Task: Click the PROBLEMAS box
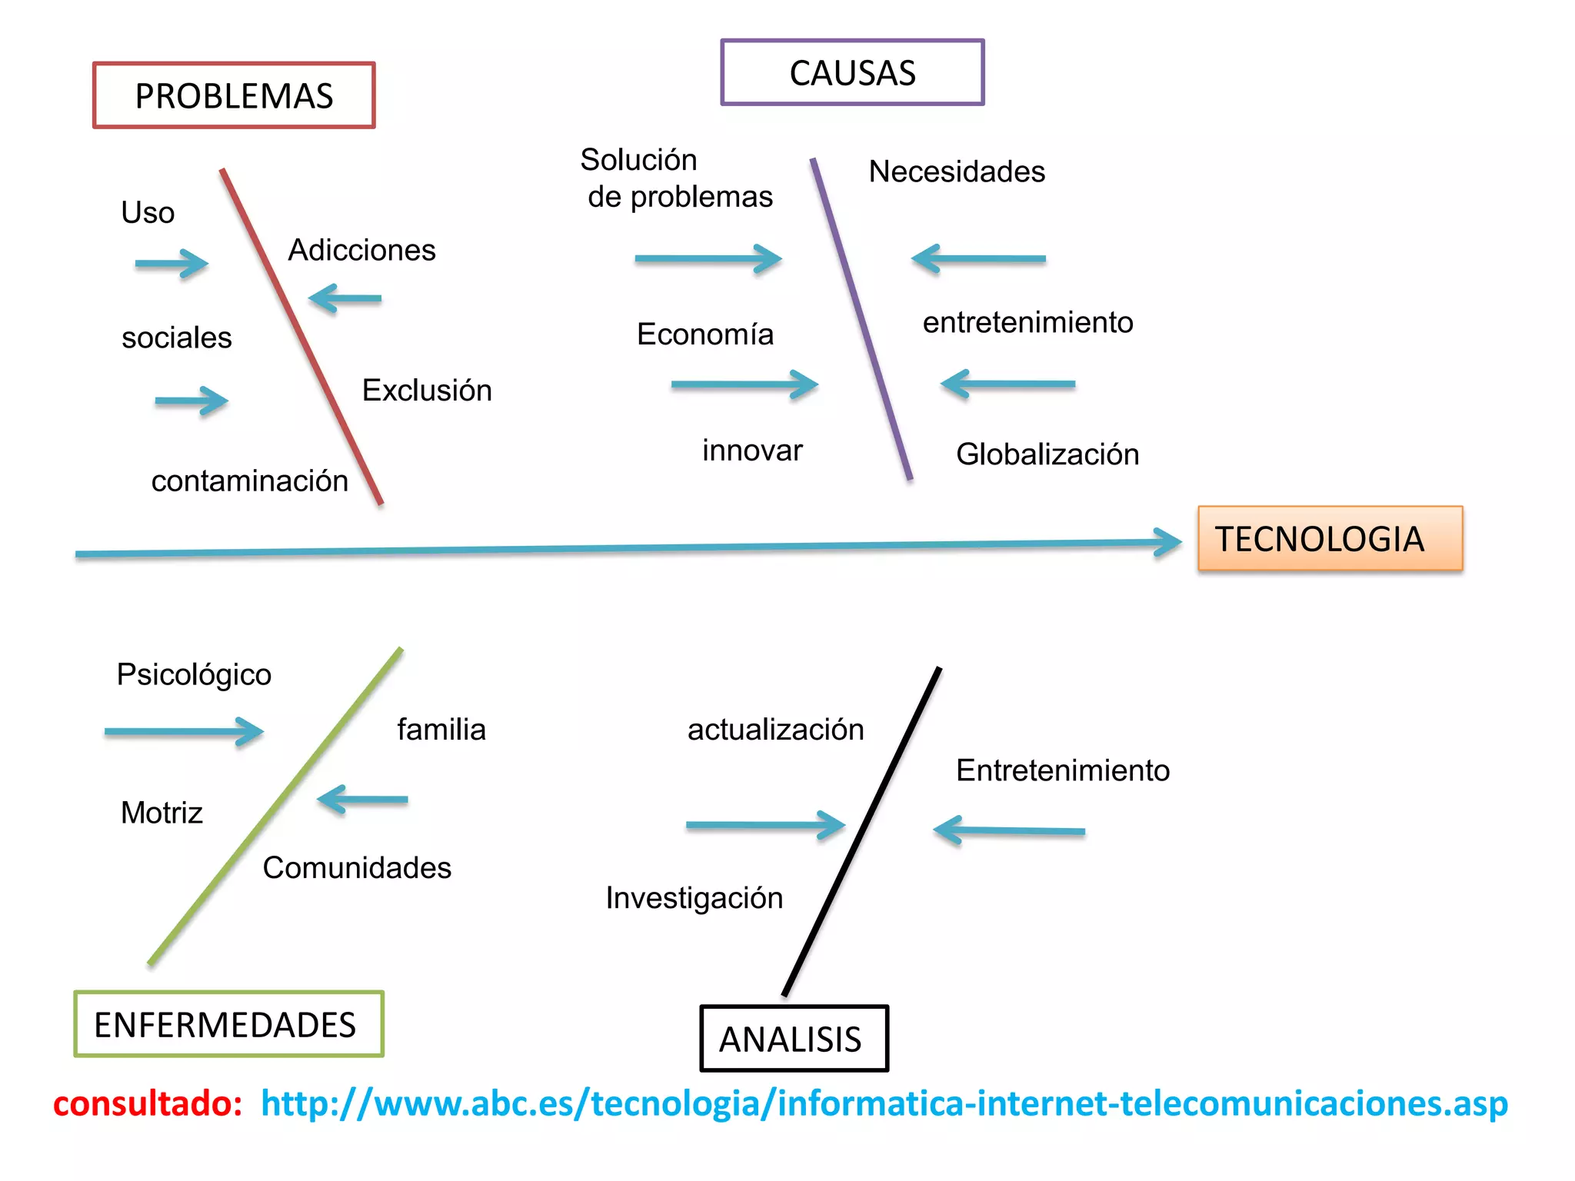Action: point(234,95)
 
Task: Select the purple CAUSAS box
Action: point(852,73)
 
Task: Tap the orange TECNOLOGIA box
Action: point(1330,538)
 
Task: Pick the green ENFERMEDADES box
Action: point(228,1024)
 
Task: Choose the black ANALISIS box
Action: point(794,1039)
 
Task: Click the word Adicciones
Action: point(361,250)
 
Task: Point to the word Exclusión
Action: point(427,390)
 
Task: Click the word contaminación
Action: point(249,481)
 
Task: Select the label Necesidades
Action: point(957,171)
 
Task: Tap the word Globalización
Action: point(1047,454)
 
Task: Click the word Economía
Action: point(704,334)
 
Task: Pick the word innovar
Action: point(752,450)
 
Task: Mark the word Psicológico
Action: point(194,674)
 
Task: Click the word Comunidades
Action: point(357,867)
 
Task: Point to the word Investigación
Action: point(694,897)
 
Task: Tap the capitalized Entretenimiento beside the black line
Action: point(1062,770)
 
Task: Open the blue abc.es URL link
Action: point(884,1103)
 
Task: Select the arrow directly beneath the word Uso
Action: point(172,264)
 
